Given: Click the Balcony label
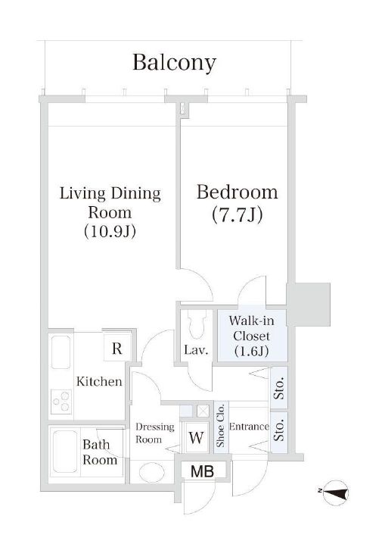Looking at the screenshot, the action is (174, 63).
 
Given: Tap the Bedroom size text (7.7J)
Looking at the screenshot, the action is (238, 214).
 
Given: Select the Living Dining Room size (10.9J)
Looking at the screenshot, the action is (110, 231).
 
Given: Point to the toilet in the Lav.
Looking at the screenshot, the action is (197, 324).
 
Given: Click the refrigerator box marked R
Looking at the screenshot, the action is (117, 348).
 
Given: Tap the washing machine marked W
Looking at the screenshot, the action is (196, 437).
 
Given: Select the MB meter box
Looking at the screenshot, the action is (203, 471).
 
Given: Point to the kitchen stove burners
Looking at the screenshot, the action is (61, 402).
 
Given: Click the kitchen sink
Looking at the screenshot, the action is (61, 352).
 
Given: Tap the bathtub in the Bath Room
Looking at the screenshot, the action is (65, 452).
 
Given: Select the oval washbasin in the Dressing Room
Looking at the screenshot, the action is (152, 471).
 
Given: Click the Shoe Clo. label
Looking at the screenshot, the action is (220, 425).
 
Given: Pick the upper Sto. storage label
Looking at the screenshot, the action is (280, 388).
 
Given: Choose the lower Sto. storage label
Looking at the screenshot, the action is (280, 430).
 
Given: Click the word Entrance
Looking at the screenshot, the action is (249, 427).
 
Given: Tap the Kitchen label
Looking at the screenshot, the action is (99, 381).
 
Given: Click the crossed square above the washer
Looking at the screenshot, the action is (203, 411).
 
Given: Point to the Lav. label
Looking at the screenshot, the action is (197, 351).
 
